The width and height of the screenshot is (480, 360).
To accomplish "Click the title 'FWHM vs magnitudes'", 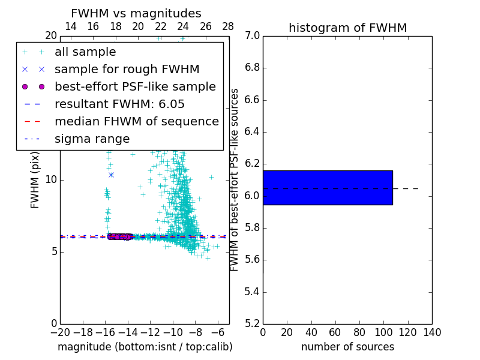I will (136, 13).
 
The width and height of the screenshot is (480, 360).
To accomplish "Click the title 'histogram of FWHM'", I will (347, 28).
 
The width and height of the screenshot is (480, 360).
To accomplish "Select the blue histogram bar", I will (328, 187).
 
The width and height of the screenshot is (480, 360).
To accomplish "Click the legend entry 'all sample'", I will (85, 52).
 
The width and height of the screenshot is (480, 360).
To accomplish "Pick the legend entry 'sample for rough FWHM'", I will (127, 70).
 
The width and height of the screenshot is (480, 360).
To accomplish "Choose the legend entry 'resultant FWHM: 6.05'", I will (119, 104).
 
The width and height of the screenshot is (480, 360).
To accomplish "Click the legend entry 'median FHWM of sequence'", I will (136, 121).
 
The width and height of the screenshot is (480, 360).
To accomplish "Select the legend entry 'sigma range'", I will (92, 139).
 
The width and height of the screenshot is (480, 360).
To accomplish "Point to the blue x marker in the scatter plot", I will (111, 175).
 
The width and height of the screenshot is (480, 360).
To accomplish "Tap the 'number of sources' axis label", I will (347, 347).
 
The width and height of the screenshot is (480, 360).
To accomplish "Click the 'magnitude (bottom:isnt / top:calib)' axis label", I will (145, 347).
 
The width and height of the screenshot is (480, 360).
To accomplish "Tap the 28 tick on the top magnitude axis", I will (229, 26).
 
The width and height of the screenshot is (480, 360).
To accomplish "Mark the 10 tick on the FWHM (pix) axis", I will (50, 180).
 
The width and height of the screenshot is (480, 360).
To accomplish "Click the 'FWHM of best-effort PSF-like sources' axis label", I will (235, 180).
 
